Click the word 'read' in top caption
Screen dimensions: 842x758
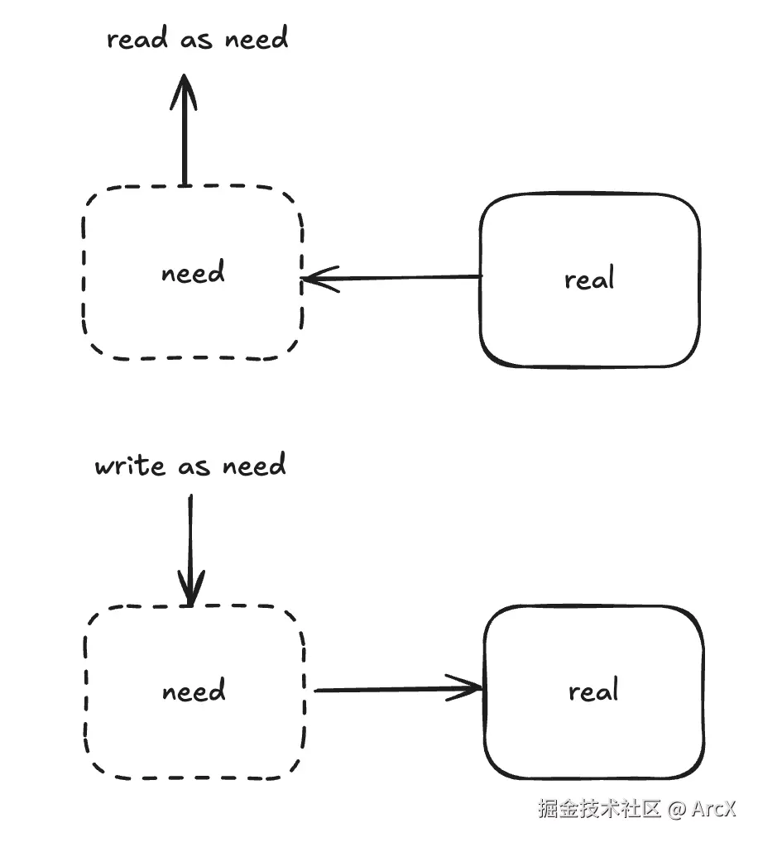[137, 38]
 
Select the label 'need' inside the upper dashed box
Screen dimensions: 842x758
[193, 272]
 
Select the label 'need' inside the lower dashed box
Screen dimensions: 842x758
[194, 691]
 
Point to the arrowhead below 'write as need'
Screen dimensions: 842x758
[191, 591]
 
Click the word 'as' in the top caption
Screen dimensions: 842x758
[197, 40]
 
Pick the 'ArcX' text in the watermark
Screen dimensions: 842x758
[713, 808]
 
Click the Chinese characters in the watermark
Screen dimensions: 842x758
[599, 808]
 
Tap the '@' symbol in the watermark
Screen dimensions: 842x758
[676, 808]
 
